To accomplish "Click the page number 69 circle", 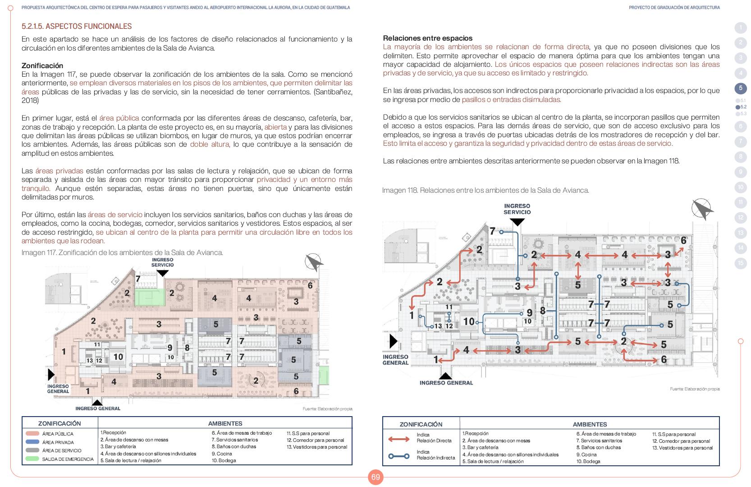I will point(375,477).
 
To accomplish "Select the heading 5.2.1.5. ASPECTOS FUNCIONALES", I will point(77,26).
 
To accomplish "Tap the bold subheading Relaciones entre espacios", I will point(427,38).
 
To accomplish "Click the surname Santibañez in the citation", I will point(331,92).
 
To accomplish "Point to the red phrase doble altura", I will point(210,144).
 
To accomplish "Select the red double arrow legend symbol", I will point(398,439).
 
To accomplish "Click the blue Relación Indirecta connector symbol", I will point(398,456).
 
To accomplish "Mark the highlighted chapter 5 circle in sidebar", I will point(740,88).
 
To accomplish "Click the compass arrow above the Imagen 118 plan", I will point(702,209).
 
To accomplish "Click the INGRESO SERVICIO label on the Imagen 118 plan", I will point(517,209).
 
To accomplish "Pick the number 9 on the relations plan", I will point(530,312).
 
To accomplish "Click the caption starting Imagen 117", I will point(122,253).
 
